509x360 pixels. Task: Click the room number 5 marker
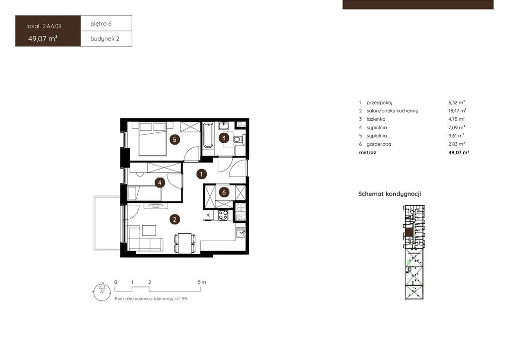click(x=174, y=140)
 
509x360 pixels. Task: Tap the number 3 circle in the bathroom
click(x=224, y=138)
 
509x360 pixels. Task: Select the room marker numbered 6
click(x=224, y=192)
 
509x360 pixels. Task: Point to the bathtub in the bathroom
click(x=208, y=135)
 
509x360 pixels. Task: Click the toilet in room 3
click(x=239, y=139)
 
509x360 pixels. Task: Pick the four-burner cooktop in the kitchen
click(x=223, y=215)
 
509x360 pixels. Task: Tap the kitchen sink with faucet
click(x=241, y=232)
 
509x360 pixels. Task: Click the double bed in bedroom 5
click(x=153, y=139)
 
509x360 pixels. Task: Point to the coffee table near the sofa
click(x=149, y=231)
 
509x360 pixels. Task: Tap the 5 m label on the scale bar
click(x=202, y=282)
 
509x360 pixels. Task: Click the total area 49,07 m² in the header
click(x=43, y=39)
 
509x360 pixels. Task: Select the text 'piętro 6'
click(x=101, y=24)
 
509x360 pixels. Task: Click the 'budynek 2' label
click(x=105, y=39)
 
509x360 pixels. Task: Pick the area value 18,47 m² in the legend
click(x=457, y=111)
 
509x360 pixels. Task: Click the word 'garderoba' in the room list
click(x=379, y=144)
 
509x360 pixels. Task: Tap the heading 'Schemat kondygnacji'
click(x=390, y=194)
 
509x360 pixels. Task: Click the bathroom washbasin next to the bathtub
click(x=224, y=126)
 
